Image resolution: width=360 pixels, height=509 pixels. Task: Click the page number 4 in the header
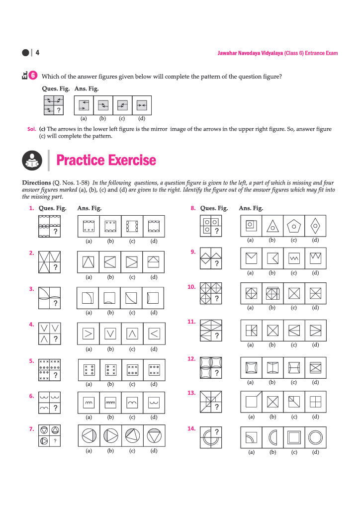[x=37, y=53]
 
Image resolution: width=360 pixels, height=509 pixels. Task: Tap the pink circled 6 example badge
[x=33, y=76]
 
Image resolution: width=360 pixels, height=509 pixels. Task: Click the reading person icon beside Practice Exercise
[x=32, y=161]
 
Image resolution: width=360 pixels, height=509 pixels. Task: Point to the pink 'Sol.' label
[x=31, y=129]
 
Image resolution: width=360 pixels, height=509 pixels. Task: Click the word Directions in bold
[x=36, y=183]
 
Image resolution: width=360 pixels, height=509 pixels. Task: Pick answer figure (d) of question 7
[x=154, y=435]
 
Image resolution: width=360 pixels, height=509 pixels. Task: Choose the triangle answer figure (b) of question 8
[x=272, y=226]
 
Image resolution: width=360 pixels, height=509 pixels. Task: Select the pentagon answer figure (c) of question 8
[x=294, y=226]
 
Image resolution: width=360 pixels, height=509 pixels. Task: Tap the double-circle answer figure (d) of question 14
[x=316, y=437]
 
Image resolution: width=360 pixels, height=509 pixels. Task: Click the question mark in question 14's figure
[x=217, y=432]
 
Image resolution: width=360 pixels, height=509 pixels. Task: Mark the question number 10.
[x=191, y=287]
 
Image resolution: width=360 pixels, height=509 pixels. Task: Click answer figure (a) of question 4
[x=89, y=334]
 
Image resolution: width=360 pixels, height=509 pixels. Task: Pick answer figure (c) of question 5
[x=132, y=370]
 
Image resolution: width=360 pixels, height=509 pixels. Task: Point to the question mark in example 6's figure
[x=59, y=110]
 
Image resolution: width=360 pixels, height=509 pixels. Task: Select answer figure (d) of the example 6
[x=142, y=105]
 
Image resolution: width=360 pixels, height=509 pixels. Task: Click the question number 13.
[x=191, y=393]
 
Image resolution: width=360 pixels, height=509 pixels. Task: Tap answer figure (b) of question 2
[x=110, y=262]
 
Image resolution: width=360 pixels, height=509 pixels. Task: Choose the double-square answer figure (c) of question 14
[x=294, y=437]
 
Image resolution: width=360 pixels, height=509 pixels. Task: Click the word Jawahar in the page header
[x=227, y=53]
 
